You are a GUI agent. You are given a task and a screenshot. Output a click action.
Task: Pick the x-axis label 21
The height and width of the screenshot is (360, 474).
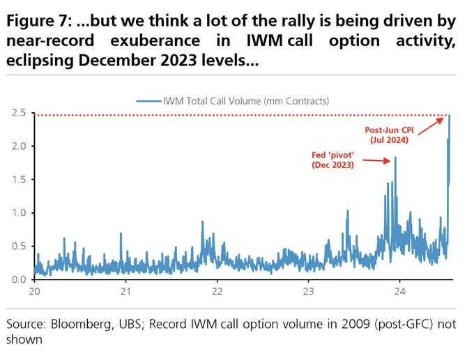pos(126,292)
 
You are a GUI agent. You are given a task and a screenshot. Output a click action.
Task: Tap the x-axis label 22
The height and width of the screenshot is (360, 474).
pos(217,292)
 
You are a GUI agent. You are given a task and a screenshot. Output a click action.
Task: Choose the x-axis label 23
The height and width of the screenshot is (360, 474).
pos(309,292)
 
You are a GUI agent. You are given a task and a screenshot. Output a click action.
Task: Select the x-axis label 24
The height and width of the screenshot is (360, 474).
pos(399,292)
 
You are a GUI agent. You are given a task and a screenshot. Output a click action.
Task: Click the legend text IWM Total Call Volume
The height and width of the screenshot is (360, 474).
pos(245,100)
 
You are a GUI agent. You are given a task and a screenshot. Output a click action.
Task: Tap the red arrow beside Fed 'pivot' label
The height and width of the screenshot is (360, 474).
pos(376,160)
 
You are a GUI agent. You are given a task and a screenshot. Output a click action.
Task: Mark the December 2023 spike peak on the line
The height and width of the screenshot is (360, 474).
pos(395,157)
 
